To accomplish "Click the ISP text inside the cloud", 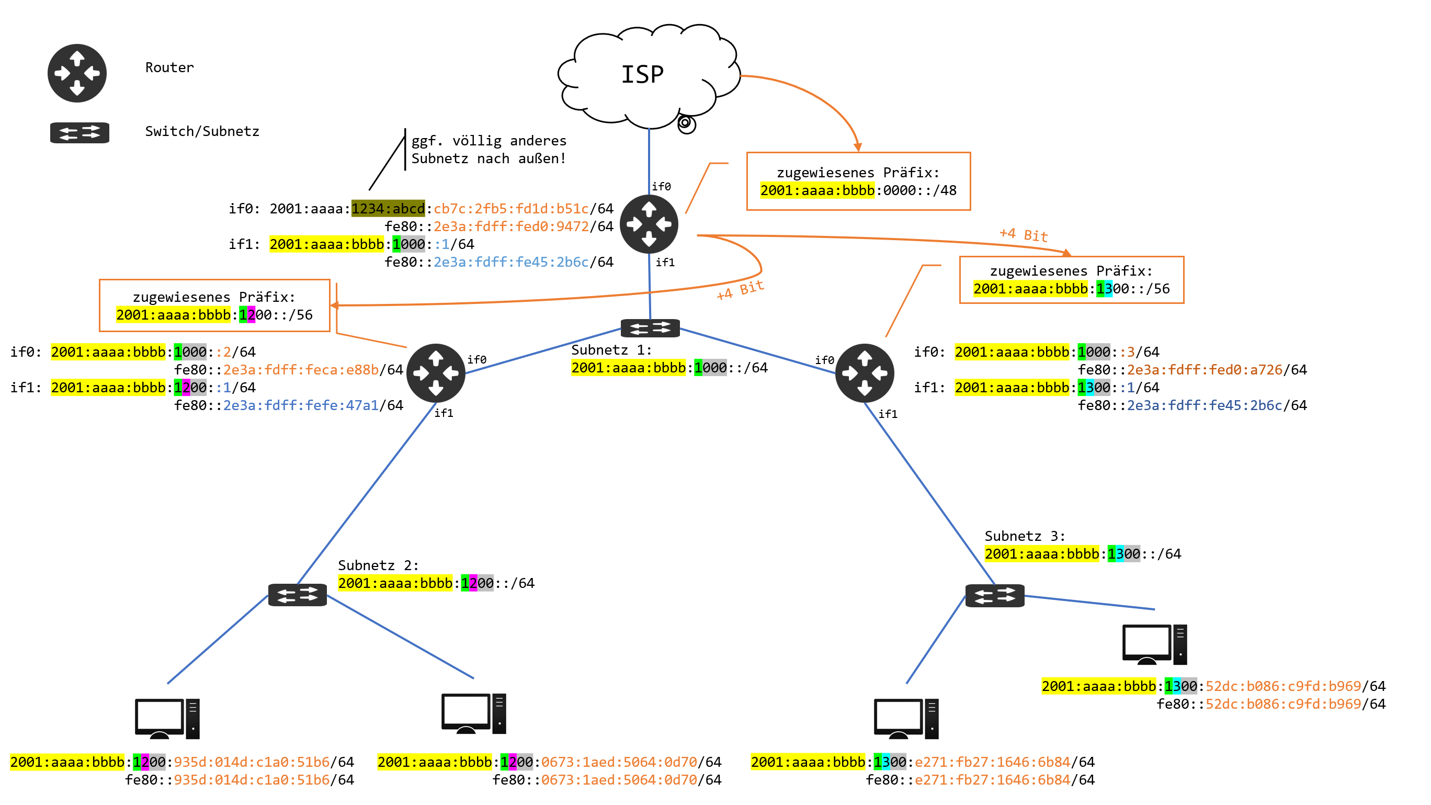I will (642, 74).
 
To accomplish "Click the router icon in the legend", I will (77, 73).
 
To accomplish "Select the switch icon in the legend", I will (79, 133).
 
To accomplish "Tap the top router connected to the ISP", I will (649, 224).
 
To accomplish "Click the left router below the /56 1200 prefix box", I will (436, 373).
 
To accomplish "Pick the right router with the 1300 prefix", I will (865, 373).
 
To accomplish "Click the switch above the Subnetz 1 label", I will (650, 328).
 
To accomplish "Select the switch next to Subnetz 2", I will (297, 595).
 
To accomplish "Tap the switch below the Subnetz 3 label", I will (994, 596).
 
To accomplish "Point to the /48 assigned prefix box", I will (858, 181).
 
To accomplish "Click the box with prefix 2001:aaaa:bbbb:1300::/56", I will (1071, 280).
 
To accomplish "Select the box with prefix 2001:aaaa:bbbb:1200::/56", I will (214, 305).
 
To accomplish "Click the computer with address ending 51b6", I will (167, 718).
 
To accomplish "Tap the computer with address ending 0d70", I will (473, 713).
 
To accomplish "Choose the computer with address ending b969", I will (1154, 644).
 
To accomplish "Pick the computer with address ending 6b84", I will (905, 718).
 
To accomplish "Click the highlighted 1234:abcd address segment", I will (388, 208).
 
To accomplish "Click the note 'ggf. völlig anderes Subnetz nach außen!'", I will (489, 150).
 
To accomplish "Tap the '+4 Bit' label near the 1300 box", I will (1023, 234).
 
